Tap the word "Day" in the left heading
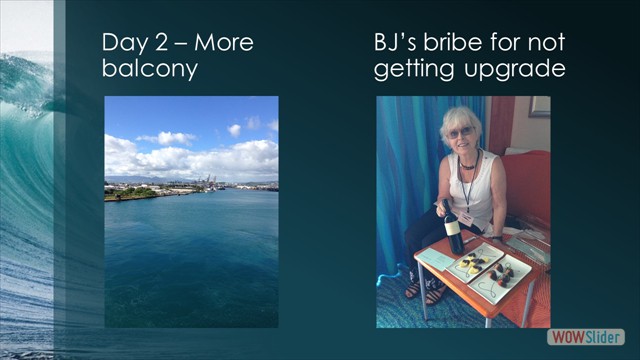tap(124, 43)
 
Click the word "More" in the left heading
tap(224, 43)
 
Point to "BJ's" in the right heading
tap(397, 43)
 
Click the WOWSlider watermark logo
tap(586, 337)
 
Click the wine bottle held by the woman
tap(454, 229)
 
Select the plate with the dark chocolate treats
tap(505, 273)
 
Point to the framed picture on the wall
tap(540, 107)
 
